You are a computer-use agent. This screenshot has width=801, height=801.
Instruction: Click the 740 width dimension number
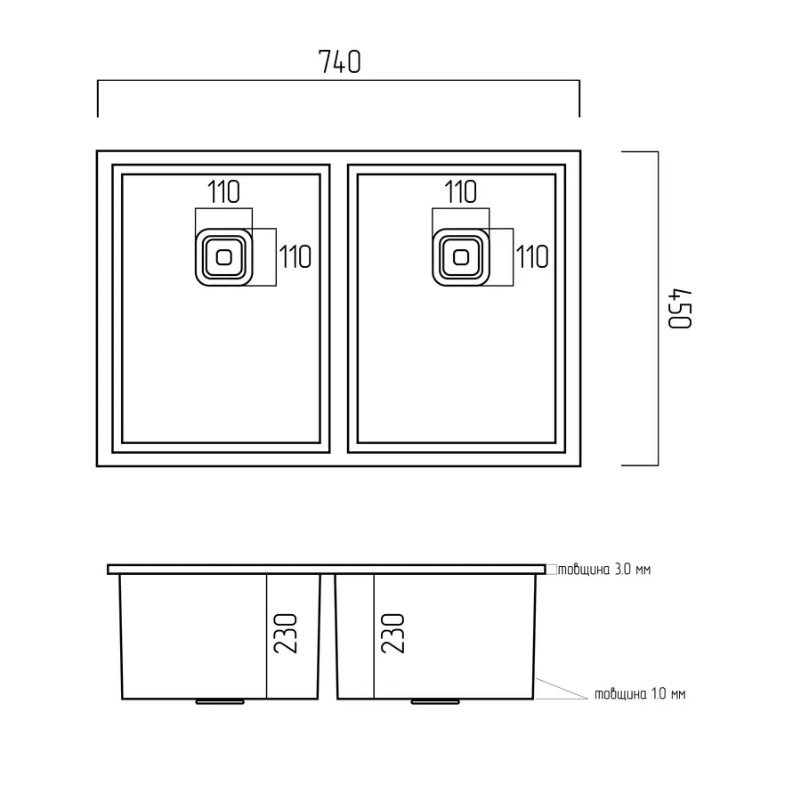(x=340, y=61)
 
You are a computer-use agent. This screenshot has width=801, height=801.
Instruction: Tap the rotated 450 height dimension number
(x=680, y=309)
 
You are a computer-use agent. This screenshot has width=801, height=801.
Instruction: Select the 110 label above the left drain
(x=223, y=192)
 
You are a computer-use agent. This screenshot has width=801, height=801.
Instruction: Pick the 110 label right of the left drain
(x=295, y=257)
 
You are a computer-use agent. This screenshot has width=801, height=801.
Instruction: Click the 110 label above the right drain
(x=460, y=192)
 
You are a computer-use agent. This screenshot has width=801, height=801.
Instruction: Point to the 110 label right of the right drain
(x=532, y=257)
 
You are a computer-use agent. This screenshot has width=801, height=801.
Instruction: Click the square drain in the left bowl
(x=223, y=257)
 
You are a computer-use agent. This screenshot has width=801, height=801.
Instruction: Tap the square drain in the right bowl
(x=461, y=257)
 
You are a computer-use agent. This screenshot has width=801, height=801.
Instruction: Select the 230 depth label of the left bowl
(x=285, y=634)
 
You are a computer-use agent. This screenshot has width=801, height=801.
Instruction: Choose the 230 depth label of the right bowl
(x=392, y=634)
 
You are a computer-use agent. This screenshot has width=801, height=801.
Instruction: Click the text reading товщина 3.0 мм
(x=604, y=569)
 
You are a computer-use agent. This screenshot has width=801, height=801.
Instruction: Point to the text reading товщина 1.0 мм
(x=640, y=693)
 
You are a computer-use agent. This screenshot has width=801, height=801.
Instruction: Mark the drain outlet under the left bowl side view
(x=220, y=702)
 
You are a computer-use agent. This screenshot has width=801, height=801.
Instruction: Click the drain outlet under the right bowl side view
(x=435, y=702)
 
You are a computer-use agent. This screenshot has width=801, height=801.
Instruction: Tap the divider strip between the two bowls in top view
(x=339, y=309)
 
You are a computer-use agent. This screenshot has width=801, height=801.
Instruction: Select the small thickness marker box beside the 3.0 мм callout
(x=552, y=569)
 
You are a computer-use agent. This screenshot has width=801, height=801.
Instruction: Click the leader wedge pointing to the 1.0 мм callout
(x=561, y=689)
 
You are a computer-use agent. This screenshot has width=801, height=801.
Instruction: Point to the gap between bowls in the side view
(x=328, y=636)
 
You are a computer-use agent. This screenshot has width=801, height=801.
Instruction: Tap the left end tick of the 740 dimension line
(x=98, y=99)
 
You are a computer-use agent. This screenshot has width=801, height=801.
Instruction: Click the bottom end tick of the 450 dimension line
(x=640, y=465)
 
